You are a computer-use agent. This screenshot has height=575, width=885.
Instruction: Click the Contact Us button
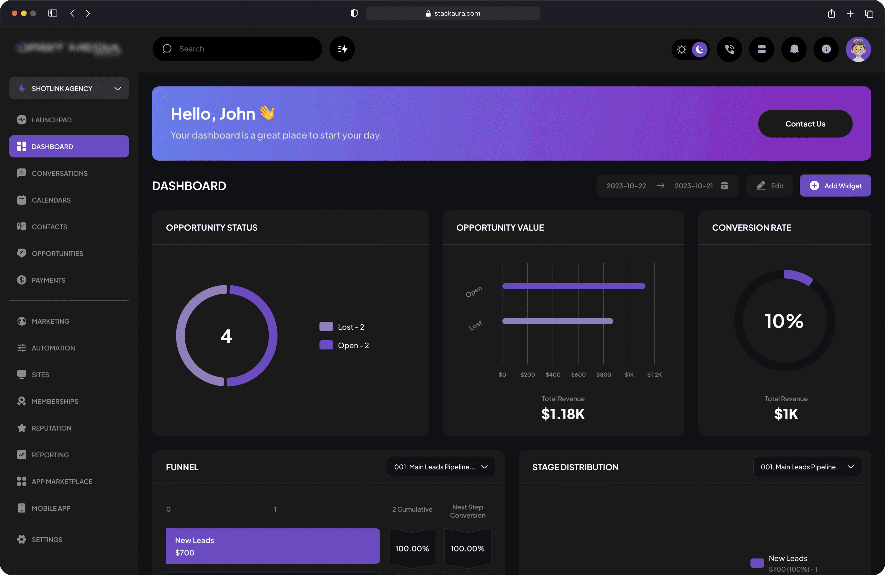tap(805, 124)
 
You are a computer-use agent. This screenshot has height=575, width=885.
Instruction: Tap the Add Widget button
tap(835, 186)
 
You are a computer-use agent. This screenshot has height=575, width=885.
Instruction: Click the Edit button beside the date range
tap(770, 186)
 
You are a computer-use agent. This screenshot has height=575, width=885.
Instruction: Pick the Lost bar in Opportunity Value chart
tap(557, 321)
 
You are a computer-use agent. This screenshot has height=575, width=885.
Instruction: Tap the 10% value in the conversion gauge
tap(784, 321)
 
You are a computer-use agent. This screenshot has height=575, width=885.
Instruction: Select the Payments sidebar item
tap(48, 280)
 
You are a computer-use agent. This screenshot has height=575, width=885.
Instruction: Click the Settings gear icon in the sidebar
tap(22, 540)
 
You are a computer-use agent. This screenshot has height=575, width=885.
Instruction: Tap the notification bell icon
tap(794, 49)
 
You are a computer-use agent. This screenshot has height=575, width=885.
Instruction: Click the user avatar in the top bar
tap(858, 49)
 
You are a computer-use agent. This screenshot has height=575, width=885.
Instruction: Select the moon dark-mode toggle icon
tap(700, 49)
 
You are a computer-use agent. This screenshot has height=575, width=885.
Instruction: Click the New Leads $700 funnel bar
tap(273, 546)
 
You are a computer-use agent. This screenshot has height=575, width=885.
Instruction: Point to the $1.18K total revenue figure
tap(563, 414)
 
